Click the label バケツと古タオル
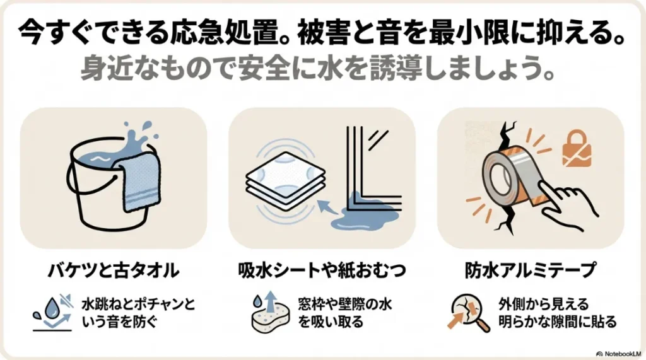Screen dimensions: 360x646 (114, 270)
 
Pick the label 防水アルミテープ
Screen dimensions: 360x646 (531, 270)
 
